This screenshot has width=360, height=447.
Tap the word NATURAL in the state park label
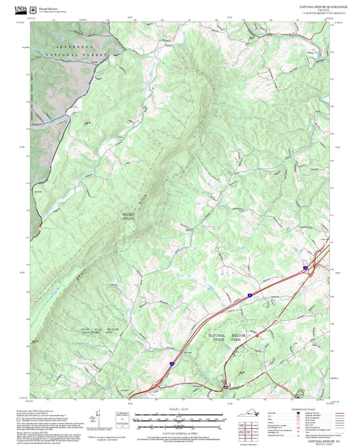coord(217,336)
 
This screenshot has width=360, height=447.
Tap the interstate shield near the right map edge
coord(305,268)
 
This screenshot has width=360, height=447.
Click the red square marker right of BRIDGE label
coord(257,334)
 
